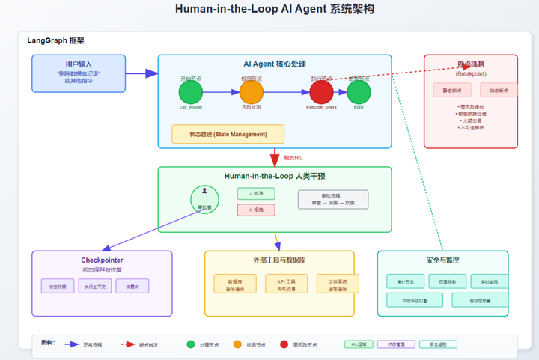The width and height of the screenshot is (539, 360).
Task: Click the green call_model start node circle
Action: (x=191, y=93)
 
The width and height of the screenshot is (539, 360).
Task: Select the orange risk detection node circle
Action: (x=252, y=93)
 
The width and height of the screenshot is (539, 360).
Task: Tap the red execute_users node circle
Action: (x=321, y=93)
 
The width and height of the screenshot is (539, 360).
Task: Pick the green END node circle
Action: (x=359, y=93)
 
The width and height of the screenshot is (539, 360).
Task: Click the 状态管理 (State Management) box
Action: (x=228, y=135)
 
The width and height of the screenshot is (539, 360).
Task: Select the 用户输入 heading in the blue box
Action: (x=78, y=64)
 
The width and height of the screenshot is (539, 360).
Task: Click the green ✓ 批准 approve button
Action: (x=256, y=194)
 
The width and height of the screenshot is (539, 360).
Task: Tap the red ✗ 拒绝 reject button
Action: (x=256, y=210)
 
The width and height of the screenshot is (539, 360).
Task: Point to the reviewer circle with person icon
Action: (x=204, y=198)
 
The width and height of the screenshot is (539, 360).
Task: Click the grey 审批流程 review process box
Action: (x=333, y=199)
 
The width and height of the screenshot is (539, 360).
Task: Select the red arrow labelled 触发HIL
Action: (x=275, y=157)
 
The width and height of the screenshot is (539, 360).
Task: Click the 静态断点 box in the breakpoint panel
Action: (x=451, y=91)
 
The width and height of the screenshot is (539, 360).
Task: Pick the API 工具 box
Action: (x=276, y=284)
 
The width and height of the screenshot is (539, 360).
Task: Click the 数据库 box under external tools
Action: (x=224, y=284)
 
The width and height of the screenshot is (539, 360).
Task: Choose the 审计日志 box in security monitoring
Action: (x=405, y=281)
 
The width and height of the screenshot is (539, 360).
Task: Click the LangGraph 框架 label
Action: (x=56, y=40)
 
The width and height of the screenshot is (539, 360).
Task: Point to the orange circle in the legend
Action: (x=238, y=344)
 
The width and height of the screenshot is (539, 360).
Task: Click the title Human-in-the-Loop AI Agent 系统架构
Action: (x=274, y=10)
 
